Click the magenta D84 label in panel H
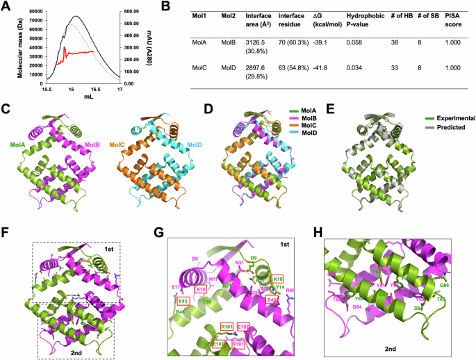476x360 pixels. coord(340,307)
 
